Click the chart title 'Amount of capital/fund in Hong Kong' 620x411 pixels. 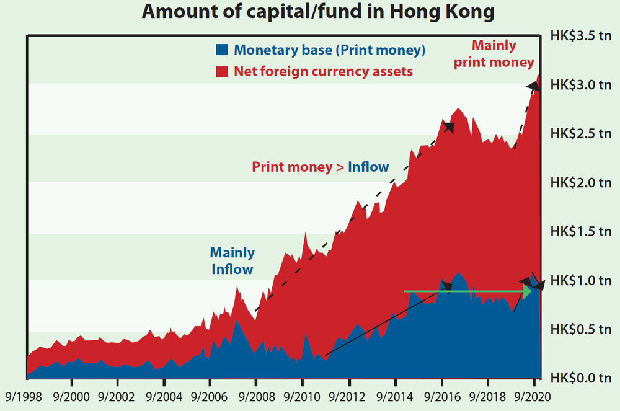click(318, 11)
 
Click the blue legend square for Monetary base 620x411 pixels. click(222, 50)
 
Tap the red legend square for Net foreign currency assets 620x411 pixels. click(222, 71)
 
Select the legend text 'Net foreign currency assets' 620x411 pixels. click(323, 71)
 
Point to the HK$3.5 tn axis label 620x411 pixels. click(581, 36)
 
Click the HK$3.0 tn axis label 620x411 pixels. click(581, 85)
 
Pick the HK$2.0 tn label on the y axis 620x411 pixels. click(581, 183)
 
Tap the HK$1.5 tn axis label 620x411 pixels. click(581, 232)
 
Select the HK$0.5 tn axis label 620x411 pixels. click(581, 330)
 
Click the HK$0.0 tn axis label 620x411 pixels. click(581, 378)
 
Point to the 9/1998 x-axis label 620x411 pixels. click(24, 397)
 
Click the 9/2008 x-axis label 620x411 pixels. click(257, 397)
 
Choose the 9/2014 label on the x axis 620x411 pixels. click(394, 397)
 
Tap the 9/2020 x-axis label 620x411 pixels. click(532, 397)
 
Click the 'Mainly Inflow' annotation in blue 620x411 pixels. click(232, 261)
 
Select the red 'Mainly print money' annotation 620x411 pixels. click(494, 54)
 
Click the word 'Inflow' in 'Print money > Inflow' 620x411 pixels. click(368, 167)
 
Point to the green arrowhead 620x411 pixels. click(528, 291)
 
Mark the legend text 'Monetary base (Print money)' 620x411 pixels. click(330, 50)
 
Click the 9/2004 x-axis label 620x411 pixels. click(164, 397)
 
